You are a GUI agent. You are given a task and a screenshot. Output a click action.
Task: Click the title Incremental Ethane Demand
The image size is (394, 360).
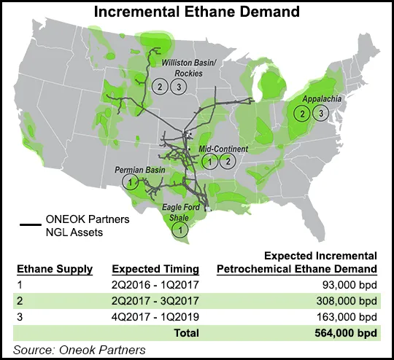point(197,12)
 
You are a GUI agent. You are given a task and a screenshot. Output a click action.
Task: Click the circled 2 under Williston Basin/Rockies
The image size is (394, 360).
point(159,87)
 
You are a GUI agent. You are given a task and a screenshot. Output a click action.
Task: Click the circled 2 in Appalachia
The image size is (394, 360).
point(301,113)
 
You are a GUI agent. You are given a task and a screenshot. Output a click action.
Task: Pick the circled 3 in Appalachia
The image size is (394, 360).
point(320,113)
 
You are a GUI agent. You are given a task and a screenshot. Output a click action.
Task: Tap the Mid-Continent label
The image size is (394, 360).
point(223,148)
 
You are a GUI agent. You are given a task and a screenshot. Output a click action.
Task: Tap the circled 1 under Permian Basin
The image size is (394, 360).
point(130,181)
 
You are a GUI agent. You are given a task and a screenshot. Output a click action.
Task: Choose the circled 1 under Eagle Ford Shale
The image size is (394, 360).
point(177,230)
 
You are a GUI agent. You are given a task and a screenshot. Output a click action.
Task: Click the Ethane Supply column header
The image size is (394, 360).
point(55,268)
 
